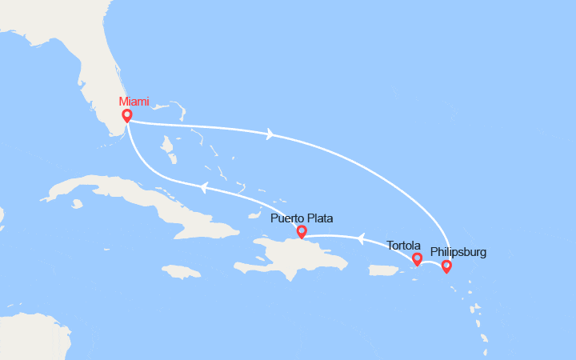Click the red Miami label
pos(134,101)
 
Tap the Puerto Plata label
pos(302,218)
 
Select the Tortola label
pos(404,246)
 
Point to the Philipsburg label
pos(458,252)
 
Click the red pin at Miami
pos(127,115)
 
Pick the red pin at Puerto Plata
pos(302,232)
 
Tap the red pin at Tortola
pos(417,258)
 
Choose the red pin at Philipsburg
pos(446,266)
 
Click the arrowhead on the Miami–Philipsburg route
pos(270,134)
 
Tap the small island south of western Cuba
pos(77,204)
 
